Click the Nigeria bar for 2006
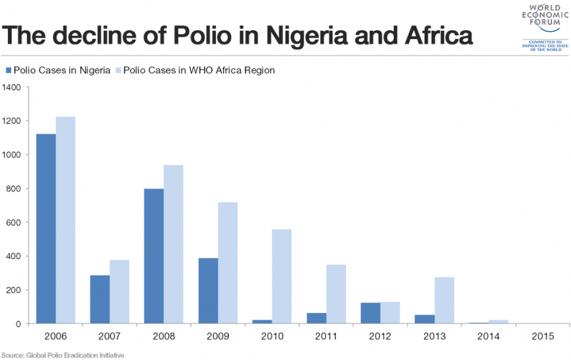[46, 228]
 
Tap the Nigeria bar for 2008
[154, 256]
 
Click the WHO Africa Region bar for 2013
[444, 300]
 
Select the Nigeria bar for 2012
[370, 313]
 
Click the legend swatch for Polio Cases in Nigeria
[8, 70]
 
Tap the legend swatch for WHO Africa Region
[117, 70]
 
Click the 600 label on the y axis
[15, 222]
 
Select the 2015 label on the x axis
[542, 337]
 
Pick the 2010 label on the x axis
[272, 337]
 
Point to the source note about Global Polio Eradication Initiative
[63, 355]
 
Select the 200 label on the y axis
[15, 290]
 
